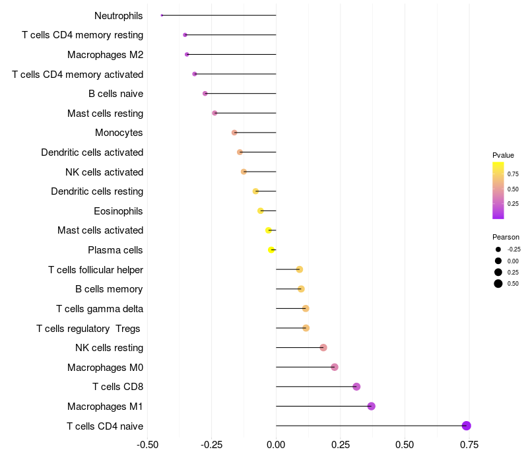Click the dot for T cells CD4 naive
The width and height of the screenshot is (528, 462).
tap(467, 426)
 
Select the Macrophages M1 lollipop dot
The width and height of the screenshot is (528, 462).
tap(372, 406)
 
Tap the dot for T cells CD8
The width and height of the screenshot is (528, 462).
tap(356, 387)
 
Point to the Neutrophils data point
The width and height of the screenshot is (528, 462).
tap(162, 15)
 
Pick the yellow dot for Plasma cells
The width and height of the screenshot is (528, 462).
tap(271, 250)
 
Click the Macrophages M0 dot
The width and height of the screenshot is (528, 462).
tap(335, 367)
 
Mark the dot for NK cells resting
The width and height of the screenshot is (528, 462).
tap(323, 348)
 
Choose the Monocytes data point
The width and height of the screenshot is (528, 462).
tap(234, 133)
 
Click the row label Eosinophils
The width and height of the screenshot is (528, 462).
tap(119, 211)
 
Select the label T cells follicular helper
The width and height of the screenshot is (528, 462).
tap(96, 270)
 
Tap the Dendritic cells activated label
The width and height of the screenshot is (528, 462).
tap(92, 152)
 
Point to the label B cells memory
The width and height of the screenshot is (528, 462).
tap(110, 289)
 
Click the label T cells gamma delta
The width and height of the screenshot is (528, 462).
tap(100, 309)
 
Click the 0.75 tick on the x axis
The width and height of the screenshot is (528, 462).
tap(469, 445)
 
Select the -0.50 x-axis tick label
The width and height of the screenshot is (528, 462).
tap(147, 445)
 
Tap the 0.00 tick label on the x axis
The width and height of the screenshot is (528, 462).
tap(276, 445)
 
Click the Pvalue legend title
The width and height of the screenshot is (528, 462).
tap(503, 155)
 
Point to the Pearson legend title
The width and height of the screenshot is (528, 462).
tap(506, 237)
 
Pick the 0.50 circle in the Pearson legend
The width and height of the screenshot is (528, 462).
tap(498, 284)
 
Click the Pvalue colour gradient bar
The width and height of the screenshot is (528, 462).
tap(498, 190)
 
